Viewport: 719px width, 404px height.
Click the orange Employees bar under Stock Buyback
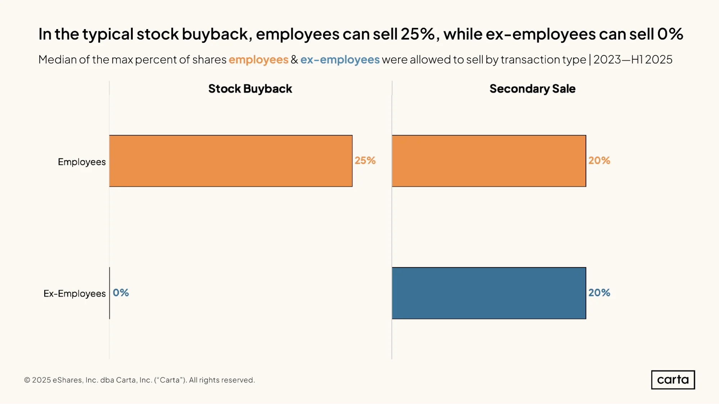coord(231,161)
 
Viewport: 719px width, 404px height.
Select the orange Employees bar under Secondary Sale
coord(489,161)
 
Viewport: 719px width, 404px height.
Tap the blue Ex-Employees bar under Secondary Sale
coord(489,293)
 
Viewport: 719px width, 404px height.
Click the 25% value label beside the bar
coord(365,161)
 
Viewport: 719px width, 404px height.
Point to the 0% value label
coord(121,293)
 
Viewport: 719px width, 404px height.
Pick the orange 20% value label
coord(599,161)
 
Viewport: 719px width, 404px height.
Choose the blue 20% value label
coord(599,293)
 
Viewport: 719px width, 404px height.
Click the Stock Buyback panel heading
coord(250,89)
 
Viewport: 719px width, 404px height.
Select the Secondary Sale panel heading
coord(532,89)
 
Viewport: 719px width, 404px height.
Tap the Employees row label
coord(82,162)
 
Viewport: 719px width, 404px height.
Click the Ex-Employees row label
coord(74,294)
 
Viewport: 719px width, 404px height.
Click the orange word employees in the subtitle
coord(259,60)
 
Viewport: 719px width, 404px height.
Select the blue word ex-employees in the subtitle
coord(340,60)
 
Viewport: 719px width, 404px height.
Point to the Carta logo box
coord(673,380)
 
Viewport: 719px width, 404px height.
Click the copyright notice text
coord(140,380)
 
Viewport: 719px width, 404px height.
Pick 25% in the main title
coord(418,34)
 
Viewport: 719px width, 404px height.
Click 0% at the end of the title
coord(670,34)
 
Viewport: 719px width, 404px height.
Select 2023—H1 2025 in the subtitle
coord(633,60)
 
